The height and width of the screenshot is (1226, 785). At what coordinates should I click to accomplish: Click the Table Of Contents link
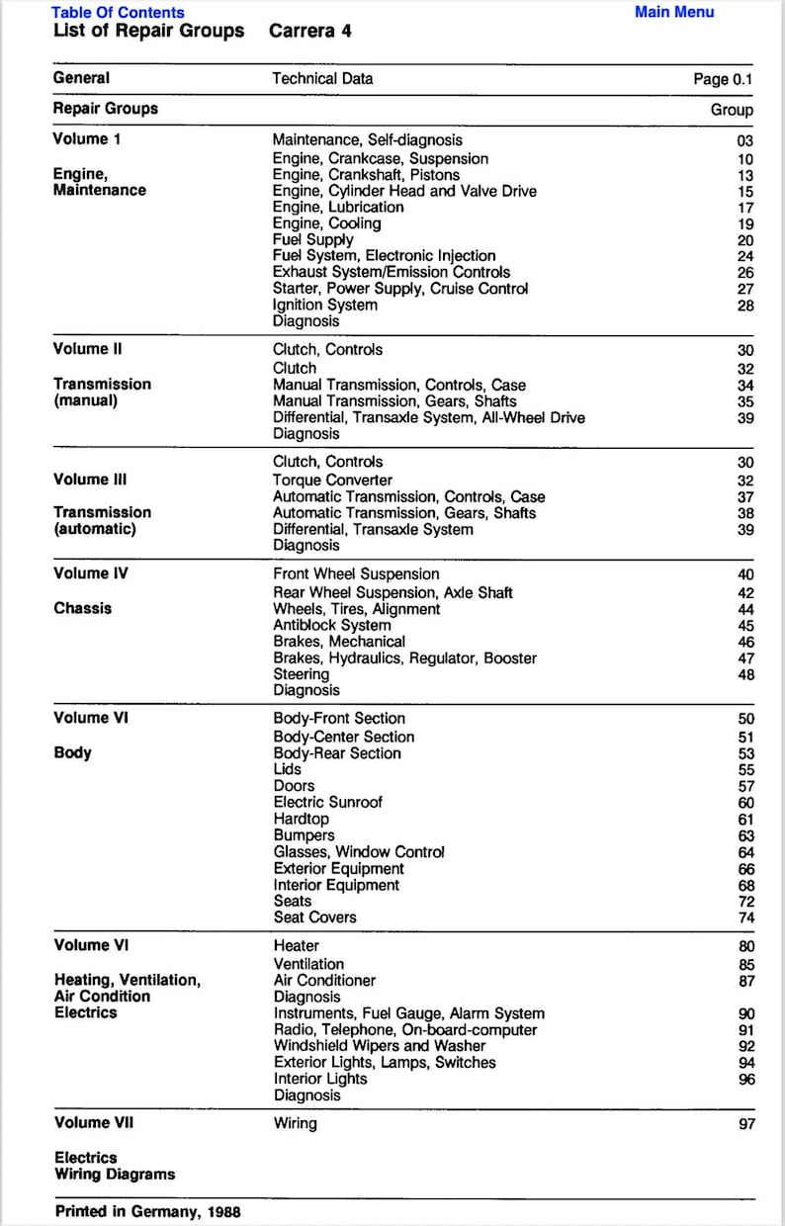118,13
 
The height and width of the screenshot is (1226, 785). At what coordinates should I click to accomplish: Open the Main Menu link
673,12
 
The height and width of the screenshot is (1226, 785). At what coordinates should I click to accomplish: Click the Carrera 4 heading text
309,32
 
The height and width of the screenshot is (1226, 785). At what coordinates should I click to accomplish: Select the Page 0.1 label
723,79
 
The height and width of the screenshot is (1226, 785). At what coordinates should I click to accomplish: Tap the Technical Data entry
322,78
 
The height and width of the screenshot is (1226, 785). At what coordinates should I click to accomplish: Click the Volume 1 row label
87,139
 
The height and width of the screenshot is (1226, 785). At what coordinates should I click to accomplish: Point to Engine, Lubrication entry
338,208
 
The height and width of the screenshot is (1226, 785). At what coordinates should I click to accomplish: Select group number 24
744,257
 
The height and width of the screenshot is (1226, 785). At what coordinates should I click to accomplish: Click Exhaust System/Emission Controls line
392,272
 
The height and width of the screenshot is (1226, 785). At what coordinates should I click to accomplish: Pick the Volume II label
88,349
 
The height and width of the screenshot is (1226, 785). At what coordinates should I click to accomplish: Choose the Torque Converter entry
332,481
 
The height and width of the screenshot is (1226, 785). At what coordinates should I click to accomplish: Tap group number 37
744,497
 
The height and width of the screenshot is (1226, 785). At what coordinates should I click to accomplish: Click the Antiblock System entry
331,625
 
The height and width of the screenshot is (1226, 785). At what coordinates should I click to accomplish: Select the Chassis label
83,609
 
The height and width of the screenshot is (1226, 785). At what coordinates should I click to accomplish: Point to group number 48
744,675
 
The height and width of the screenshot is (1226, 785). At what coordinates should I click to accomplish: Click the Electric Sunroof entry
327,803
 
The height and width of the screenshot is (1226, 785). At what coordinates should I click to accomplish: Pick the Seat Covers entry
314,918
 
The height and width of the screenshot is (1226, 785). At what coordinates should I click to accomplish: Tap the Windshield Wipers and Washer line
380,1046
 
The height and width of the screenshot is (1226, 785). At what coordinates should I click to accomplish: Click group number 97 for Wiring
745,1124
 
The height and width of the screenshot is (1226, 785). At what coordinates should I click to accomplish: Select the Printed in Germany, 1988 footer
147,1211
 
